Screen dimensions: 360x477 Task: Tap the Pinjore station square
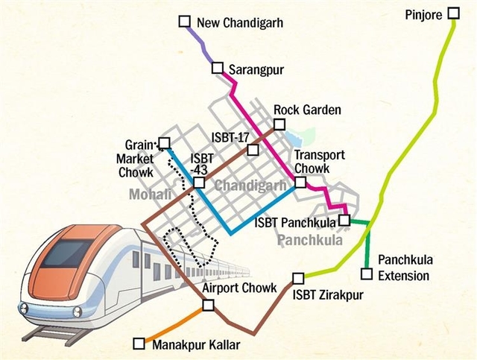pos(454,14)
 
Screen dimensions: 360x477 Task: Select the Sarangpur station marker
pos(218,69)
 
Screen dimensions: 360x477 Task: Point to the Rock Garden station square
pos(281,124)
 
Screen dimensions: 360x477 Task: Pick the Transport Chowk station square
pos(300,181)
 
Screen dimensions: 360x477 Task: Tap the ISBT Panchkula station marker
pos(344,220)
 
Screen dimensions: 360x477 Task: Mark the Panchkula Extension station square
pos(366,271)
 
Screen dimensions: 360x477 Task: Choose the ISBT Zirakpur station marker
pos(298,278)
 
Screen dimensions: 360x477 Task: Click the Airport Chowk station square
pos(208,303)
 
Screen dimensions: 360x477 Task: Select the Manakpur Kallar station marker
pos(138,344)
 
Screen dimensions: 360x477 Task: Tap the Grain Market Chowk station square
pos(165,142)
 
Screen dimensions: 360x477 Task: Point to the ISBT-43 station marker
pos(199,183)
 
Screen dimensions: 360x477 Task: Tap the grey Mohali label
pos(149,195)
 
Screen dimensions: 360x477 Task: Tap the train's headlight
pos(26,306)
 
